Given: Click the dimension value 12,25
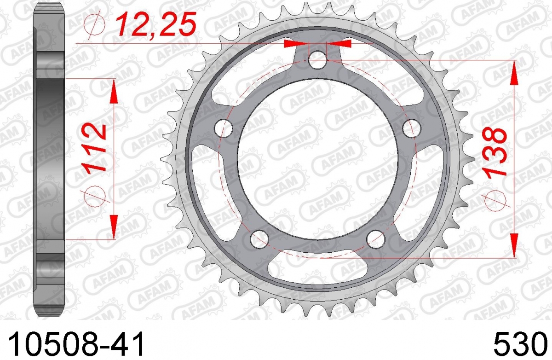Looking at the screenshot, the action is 156,23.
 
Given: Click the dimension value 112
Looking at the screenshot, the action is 94,147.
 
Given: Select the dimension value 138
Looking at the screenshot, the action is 496,152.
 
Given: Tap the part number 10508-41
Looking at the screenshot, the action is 76,343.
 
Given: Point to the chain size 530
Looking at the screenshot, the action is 520,343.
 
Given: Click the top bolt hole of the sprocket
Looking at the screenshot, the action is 318,60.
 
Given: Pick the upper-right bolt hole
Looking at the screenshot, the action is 412,128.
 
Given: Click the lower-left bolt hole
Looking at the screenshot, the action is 259,239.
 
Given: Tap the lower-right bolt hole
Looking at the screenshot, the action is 376,239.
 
